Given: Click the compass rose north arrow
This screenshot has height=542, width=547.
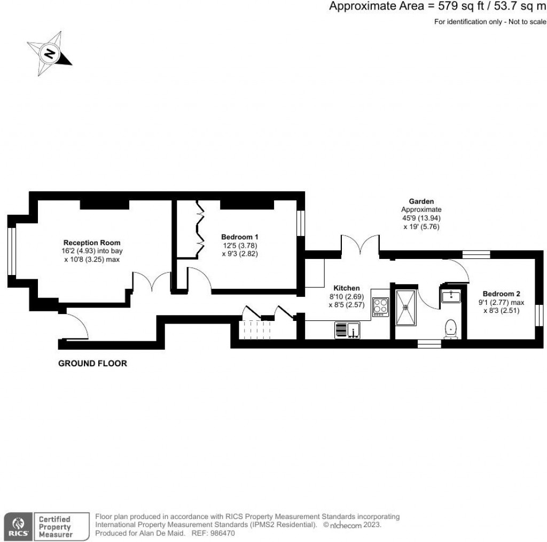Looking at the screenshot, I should click(50, 53).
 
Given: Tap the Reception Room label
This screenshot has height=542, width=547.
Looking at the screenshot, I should click(92, 242).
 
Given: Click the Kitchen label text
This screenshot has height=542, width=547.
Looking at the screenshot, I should click(347, 288).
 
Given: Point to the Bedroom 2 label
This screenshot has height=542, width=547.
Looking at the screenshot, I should click(501, 294).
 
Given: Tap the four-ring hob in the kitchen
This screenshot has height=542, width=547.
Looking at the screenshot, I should click(381, 307).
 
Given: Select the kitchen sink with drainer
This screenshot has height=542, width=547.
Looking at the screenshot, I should click(347, 330).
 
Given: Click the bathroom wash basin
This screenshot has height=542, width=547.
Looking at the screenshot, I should click(451, 295).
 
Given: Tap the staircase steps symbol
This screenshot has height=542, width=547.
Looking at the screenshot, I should click(255, 329).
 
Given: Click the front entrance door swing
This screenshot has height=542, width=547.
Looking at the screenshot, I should click(75, 325).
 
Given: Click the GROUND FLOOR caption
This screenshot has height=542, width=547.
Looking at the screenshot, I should click(92, 364).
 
